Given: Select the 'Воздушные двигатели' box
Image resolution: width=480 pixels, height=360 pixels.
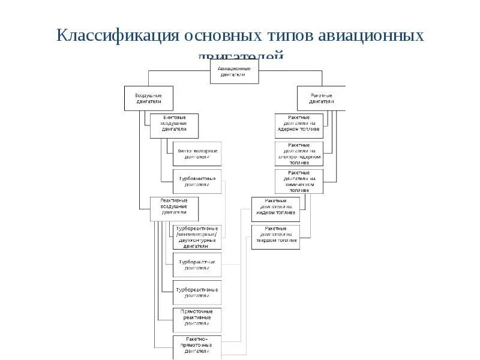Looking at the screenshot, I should (148, 98).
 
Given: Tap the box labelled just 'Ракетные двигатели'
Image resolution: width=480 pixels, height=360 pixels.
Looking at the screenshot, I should (321, 98).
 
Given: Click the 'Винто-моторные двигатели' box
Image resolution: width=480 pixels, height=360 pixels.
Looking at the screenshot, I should (197, 154).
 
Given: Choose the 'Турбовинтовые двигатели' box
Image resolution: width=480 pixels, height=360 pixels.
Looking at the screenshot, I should (197, 181).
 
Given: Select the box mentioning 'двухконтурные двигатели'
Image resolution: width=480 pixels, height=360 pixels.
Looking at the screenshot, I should (197, 237).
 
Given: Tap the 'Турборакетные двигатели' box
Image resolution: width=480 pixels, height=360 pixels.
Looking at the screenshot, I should (197, 265).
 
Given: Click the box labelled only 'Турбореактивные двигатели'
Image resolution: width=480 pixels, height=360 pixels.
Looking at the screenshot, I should (197, 293).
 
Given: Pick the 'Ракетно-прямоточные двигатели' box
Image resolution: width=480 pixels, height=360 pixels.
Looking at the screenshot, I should (197, 347).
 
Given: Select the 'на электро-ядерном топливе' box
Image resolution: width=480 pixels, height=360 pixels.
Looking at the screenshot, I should (299, 154).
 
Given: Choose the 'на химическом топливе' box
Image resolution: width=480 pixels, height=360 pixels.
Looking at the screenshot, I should (299, 181).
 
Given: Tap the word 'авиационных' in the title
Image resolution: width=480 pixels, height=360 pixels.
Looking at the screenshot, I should (371, 36).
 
